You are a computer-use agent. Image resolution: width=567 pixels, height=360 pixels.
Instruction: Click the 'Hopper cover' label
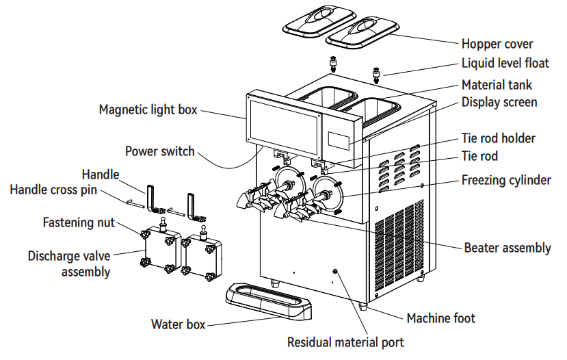(497, 44)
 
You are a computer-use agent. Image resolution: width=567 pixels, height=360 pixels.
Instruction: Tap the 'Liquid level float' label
(505, 64)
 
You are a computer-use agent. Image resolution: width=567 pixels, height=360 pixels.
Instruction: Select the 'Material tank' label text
(497, 85)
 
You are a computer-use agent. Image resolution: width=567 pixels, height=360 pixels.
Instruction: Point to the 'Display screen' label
(499, 102)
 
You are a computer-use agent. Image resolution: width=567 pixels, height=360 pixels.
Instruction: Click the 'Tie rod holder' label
(499, 138)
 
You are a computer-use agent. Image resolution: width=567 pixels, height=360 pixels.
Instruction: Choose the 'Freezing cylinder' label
(506, 180)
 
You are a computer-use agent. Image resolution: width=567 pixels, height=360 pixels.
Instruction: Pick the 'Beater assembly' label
(507, 248)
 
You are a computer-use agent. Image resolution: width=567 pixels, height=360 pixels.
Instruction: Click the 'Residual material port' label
(345, 342)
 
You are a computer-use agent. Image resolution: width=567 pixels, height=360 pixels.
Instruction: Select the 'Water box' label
(178, 324)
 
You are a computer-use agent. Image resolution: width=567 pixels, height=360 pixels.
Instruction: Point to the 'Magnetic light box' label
(148, 110)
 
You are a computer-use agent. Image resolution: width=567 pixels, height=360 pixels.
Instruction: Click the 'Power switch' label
(159, 151)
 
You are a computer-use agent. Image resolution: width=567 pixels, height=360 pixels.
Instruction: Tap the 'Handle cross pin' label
(53, 189)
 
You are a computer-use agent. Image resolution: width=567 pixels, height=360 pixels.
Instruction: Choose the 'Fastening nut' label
(79, 222)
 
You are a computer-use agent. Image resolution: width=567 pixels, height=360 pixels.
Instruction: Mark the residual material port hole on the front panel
(334, 272)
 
